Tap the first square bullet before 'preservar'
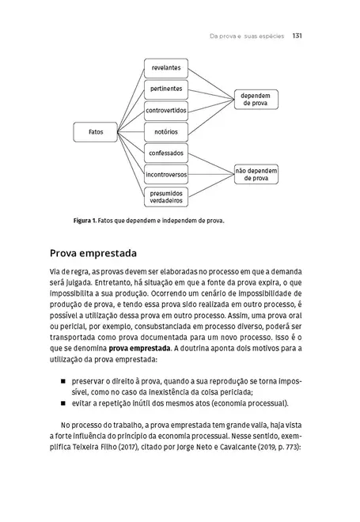(x=62, y=379)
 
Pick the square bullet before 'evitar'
(x=62, y=403)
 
